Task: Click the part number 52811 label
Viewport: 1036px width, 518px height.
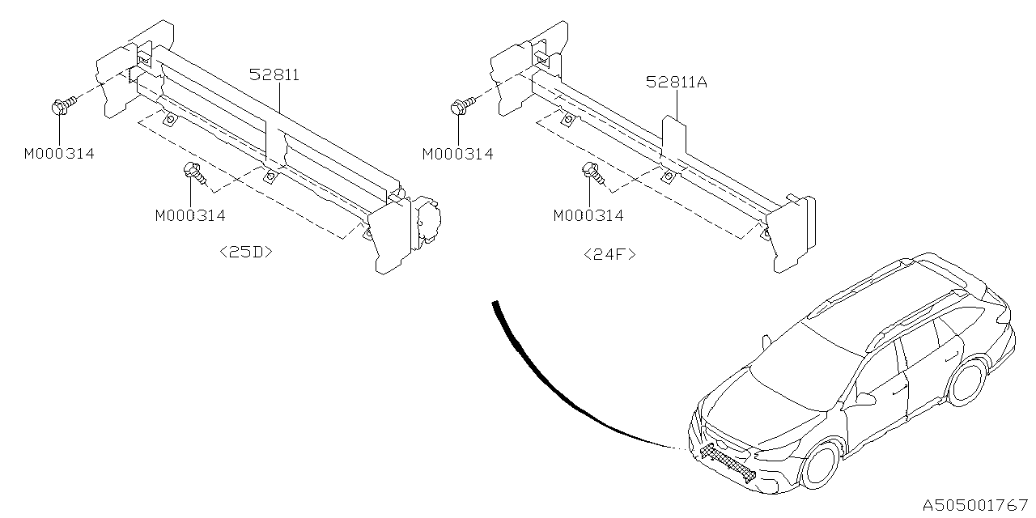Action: click(x=274, y=75)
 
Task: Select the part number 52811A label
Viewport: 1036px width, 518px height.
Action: click(x=677, y=82)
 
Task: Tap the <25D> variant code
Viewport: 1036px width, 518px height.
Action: click(x=246, y=252)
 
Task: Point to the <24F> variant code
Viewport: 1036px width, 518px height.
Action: click(x=609, y=254)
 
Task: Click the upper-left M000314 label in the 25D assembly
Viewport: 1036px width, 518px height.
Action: click(x=59, y=153)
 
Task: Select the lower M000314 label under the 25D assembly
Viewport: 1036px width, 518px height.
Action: click(x=190, y=215)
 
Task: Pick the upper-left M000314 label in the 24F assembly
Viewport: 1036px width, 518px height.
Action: click(x=457, y=153)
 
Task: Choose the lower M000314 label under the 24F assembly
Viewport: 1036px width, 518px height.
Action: click(x=588, y=215)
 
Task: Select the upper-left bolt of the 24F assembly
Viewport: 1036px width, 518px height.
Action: click(x=459, y=105)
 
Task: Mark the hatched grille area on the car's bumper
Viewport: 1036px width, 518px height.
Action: click(x=728, y=461)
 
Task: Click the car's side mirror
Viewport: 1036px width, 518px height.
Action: click(x=865, y=398)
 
